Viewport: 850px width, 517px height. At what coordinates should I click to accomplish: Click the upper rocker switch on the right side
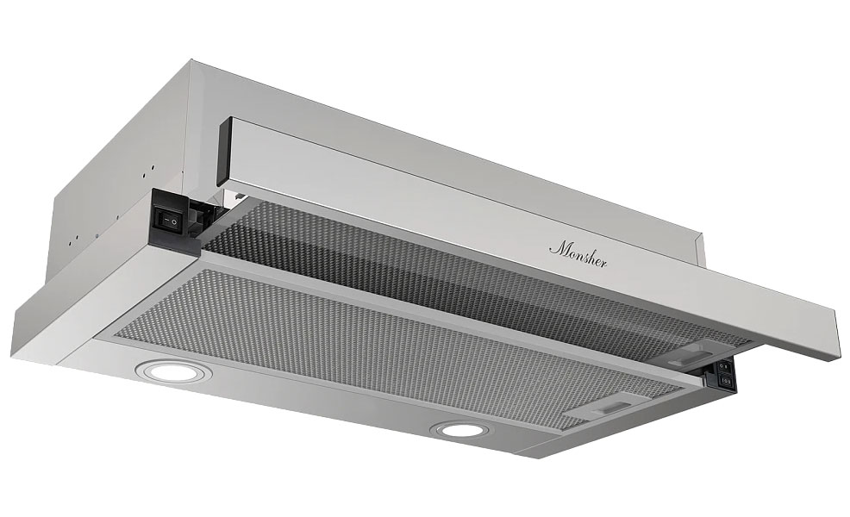point(726,367)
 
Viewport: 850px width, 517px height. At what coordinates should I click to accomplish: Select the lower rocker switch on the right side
point(726,382)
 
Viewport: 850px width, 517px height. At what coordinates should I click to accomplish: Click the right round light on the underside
point(459,430)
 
